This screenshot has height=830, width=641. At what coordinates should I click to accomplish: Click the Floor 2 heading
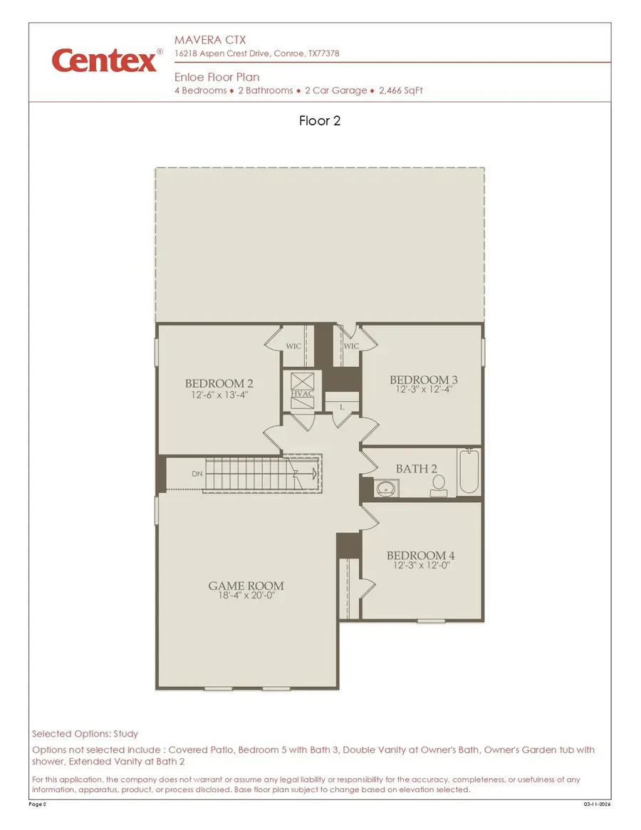320,120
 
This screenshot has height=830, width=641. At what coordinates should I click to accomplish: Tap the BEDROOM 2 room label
219,383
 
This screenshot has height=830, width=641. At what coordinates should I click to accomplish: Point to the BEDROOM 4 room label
420,556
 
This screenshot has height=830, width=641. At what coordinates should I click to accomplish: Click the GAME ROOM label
246,586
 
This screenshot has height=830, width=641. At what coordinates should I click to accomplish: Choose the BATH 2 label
417,469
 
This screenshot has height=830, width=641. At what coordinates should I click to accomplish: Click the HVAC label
302,393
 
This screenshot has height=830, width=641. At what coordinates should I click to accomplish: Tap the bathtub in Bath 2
469,471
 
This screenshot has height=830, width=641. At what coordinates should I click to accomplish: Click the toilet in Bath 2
438,485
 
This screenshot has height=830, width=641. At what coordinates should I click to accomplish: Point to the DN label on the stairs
197,474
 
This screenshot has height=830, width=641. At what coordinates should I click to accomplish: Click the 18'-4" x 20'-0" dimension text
246,596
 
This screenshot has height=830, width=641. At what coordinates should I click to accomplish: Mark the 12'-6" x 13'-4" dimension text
219,394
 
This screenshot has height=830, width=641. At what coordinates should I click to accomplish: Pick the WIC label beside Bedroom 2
293,346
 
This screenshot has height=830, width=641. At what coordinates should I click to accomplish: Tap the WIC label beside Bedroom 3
351,346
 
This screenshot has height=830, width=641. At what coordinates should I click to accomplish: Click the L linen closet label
342,407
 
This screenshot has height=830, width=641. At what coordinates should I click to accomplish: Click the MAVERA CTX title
210,40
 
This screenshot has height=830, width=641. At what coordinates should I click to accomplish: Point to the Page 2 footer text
38,804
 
